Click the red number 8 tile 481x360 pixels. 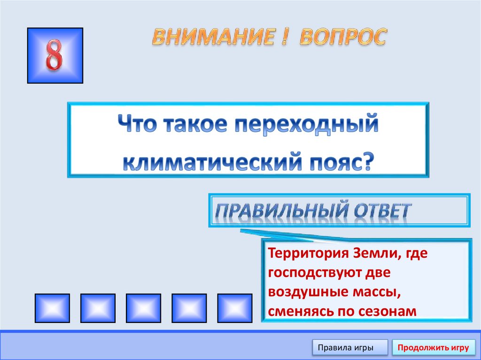[55, 56]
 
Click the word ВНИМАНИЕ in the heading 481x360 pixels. [212, 37]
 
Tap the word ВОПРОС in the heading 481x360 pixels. [343, 37]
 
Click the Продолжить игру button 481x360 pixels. [433, 348]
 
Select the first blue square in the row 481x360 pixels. [52, 307]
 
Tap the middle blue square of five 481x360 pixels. [143, 307]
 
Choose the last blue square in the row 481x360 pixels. [234, 307]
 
